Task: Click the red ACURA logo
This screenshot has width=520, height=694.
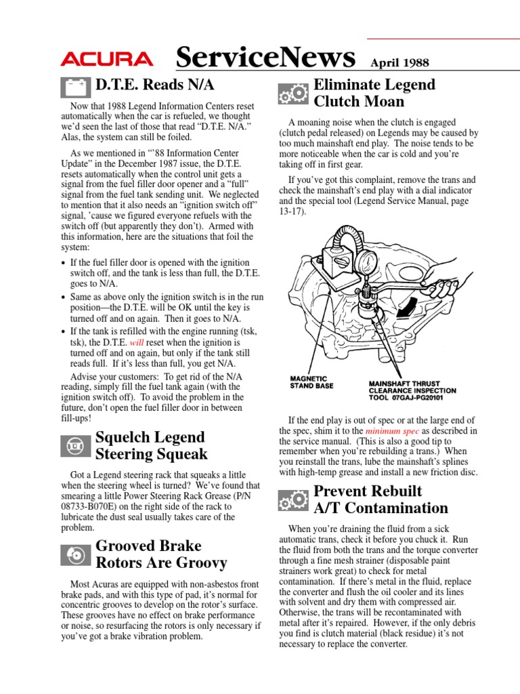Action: (x=106, y=60)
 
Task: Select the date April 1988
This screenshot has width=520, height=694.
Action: (x=399, y=63)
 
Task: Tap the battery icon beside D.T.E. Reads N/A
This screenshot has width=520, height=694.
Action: (x=75, y=87)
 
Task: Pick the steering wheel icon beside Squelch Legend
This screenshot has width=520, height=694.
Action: (x=75, y=446)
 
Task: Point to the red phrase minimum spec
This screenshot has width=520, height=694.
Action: (x=392, y=431)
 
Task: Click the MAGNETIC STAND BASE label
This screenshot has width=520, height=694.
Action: (x=308, y=382)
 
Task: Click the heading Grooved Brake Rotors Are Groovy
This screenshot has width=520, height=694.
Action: (x=161, y=554)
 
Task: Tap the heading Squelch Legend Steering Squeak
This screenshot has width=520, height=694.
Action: (x=152, y=445)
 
